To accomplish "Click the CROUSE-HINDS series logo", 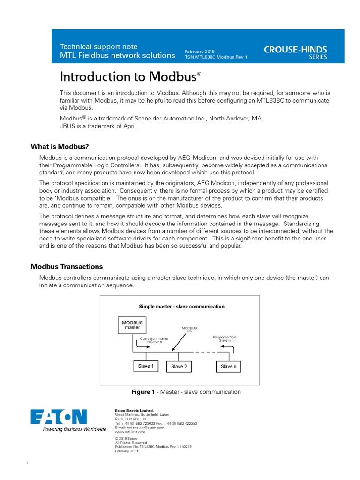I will (x=295, y=52).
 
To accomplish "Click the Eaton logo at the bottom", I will (x=59, y=417).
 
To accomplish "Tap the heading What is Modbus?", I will (x=60, y=147).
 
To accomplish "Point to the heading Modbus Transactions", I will (x=67, y=267).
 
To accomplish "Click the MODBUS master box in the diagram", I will (x=133, y=325).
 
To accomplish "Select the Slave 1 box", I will (x=145, y=366).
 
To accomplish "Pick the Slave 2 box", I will (x=179, y=366).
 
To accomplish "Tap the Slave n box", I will (x=229, y=366).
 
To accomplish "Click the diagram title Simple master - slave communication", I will (x=181, y=307).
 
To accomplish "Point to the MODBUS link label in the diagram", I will (x=189, y=330).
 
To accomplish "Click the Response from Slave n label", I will (x=225, y=338).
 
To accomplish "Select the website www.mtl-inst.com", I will (x=128, y=432).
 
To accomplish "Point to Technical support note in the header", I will (x=98, y=46).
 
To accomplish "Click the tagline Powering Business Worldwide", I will (x=75, y=429).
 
